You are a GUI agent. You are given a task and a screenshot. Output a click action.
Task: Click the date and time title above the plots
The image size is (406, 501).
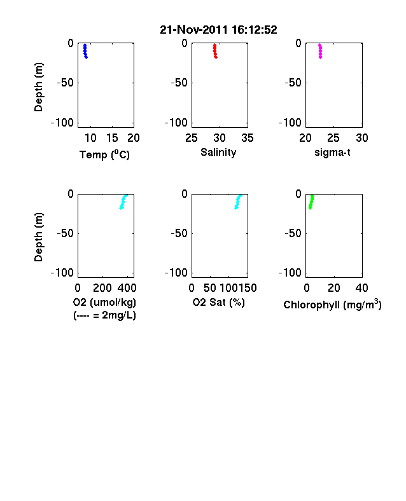pos(218,30)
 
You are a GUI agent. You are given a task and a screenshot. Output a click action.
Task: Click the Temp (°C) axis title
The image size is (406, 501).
pos(104,154)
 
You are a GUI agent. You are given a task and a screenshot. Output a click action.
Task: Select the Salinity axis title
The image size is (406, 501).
pos(218,152)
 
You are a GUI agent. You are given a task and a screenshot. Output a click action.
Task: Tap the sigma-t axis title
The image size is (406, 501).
pos(332,153)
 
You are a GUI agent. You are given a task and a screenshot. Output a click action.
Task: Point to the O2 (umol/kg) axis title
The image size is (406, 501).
pos(104,302)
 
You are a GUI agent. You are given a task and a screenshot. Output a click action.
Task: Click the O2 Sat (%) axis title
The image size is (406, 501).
pos(218,302)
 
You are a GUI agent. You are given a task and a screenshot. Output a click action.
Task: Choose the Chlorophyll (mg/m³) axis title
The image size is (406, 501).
pos(332,305)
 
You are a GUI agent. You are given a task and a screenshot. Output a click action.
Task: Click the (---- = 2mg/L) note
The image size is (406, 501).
pos(104,315)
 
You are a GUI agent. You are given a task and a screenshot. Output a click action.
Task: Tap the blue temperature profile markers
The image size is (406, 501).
pos(85,51)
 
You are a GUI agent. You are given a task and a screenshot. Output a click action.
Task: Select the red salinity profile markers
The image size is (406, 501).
pos(215,51)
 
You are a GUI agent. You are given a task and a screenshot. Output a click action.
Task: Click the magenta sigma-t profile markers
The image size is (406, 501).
pos(320,51)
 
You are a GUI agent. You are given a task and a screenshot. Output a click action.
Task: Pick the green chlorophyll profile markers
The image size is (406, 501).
pos(311,202)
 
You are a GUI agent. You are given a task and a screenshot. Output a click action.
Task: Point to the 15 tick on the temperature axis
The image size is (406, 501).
pos(112,138)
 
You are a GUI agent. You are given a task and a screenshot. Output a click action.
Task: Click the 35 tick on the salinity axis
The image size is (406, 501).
pos(248,138)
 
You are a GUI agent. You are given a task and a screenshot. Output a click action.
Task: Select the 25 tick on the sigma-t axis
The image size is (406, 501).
pos(333,138)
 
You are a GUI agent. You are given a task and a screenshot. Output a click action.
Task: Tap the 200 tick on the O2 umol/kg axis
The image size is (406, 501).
pos(102,288)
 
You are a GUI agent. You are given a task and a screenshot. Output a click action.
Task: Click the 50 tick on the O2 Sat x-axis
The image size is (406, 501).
pos(210,288)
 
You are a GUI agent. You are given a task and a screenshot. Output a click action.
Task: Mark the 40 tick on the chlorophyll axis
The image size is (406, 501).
pos(361,288)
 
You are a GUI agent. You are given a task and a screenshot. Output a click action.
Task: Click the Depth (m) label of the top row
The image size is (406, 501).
pos(38,87)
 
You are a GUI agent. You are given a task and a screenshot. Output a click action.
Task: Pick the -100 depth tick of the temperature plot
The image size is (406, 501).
pos(62,123)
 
